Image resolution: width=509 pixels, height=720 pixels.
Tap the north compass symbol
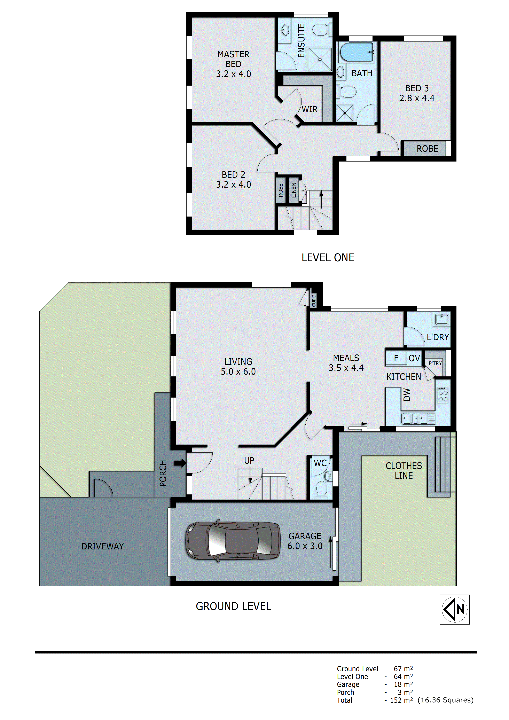454,609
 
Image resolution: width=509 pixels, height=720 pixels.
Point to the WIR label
310,109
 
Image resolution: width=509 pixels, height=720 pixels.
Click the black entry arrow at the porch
180,463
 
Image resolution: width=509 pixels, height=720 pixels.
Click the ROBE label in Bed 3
427,149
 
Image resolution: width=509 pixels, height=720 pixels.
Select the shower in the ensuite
320,59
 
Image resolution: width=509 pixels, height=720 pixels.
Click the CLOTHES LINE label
404,470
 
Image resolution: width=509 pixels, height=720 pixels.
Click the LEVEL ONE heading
328,258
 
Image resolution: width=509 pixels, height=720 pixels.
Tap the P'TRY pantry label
435,363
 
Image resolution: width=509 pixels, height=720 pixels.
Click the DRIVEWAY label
103,546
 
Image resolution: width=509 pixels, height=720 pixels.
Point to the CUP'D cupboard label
314,300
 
